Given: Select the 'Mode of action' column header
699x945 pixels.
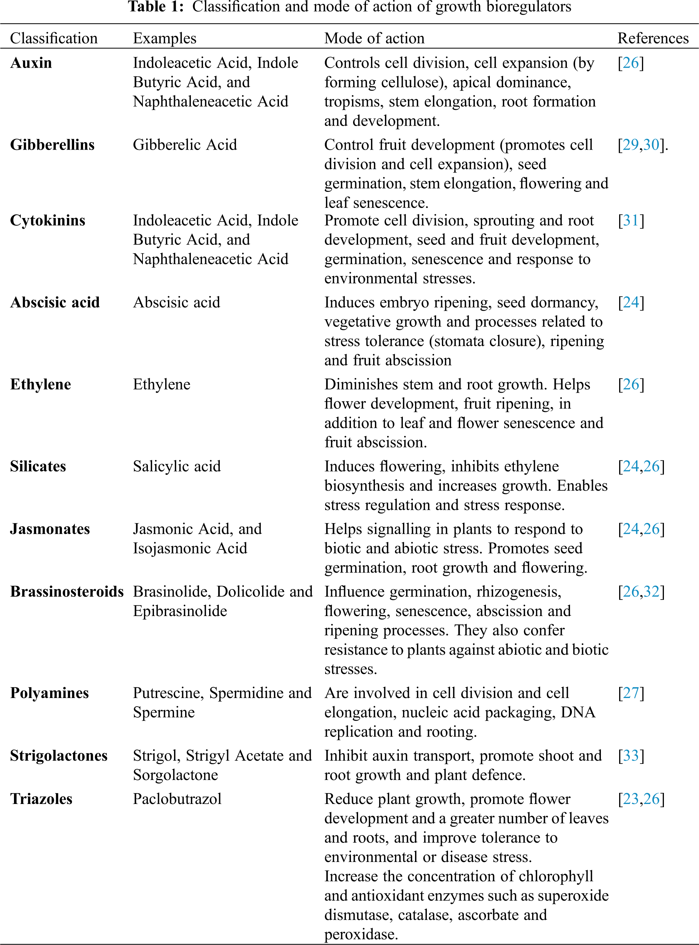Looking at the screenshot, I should (x=374, y=38).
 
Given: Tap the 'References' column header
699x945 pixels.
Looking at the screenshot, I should (x=653, y=38).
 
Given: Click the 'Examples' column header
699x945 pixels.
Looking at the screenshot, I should (x=165, y=38).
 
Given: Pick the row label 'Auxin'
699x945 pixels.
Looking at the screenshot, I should (x=31, y=63).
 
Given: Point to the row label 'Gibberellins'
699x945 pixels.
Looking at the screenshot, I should (x=52, y=145).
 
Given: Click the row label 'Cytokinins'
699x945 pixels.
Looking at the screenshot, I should (x=47, y=220).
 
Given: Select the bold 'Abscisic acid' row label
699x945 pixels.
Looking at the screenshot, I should (x=54, y=302).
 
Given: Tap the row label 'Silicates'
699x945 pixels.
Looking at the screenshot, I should (x=38, y=466).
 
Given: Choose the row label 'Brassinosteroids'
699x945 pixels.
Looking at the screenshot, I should (x=67, y=591).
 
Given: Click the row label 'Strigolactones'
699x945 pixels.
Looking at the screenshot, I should (x=59, y=756).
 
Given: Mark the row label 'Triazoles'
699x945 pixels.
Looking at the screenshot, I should (x=41, y=799).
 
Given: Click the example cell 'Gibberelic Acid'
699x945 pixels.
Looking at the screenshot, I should (x=185, y=145).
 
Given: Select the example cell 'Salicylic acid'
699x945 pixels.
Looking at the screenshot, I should (x=177, y=466).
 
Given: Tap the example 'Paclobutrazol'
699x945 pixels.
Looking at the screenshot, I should (x=177, y=799).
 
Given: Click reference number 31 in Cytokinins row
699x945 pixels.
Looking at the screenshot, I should (x=631, y=220).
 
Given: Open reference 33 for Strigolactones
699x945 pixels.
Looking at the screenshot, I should (x=631, y=756).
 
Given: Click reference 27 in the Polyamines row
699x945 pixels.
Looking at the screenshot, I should (x=631, y=693).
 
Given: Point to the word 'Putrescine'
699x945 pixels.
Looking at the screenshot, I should (x=168, y=693).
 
